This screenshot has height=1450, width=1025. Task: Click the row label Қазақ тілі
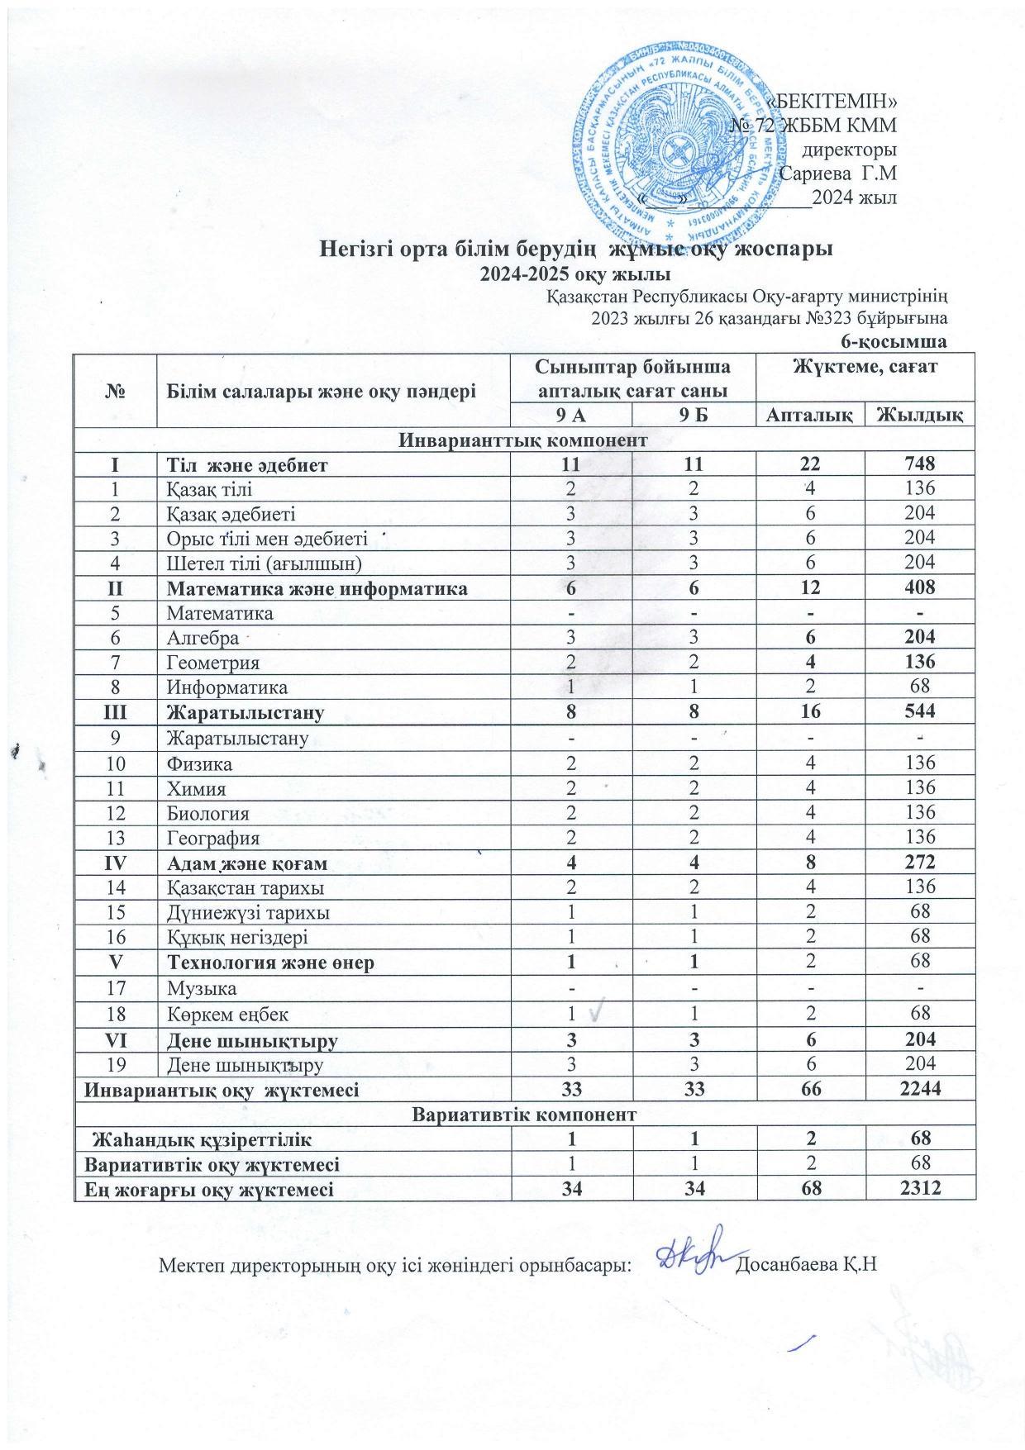click(x=203, y=488)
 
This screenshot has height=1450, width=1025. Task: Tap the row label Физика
click(x=199, y=763)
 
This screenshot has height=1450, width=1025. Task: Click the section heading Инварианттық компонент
click(x=524, y=440)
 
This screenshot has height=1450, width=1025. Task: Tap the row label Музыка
click(x=202, y=987)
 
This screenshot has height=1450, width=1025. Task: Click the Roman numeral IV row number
click(x=115, y=863)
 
